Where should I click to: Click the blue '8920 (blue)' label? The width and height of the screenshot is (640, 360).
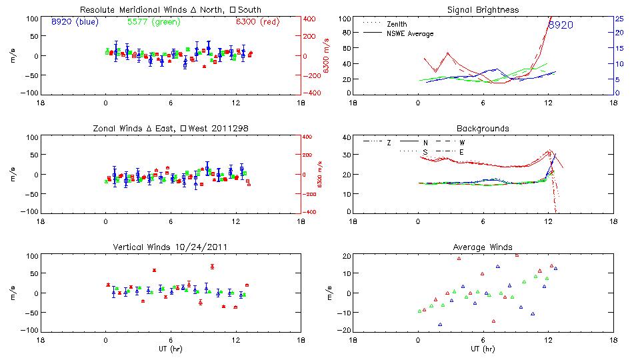click(74, 21)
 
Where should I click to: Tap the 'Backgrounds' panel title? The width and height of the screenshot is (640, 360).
click(483, 128)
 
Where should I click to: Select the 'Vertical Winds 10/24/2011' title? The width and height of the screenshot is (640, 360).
click(170, 248)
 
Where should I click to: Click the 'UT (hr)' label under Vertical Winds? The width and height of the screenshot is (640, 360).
click(170, 348)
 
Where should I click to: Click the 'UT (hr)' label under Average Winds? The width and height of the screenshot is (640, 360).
click(483, 348)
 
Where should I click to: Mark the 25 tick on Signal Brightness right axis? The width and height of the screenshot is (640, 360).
click(619, 19)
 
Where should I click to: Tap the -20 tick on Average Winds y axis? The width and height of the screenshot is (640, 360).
click(344, 330)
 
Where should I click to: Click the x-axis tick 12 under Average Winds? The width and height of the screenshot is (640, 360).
click(548, 339)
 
